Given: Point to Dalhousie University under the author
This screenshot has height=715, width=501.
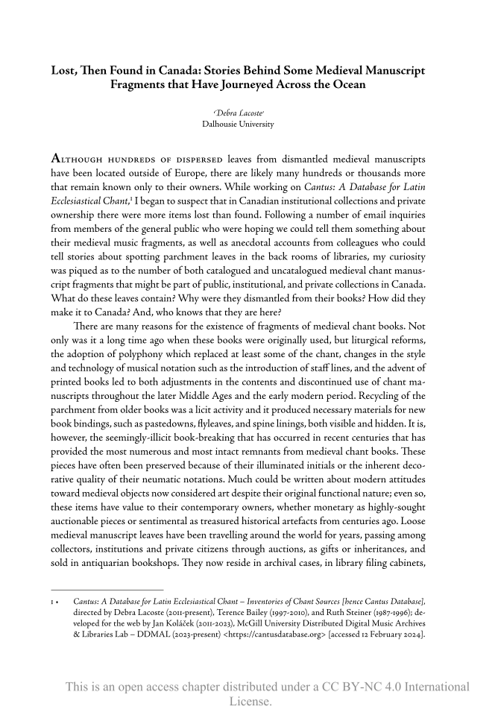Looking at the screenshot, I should click(x=238, y=124).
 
